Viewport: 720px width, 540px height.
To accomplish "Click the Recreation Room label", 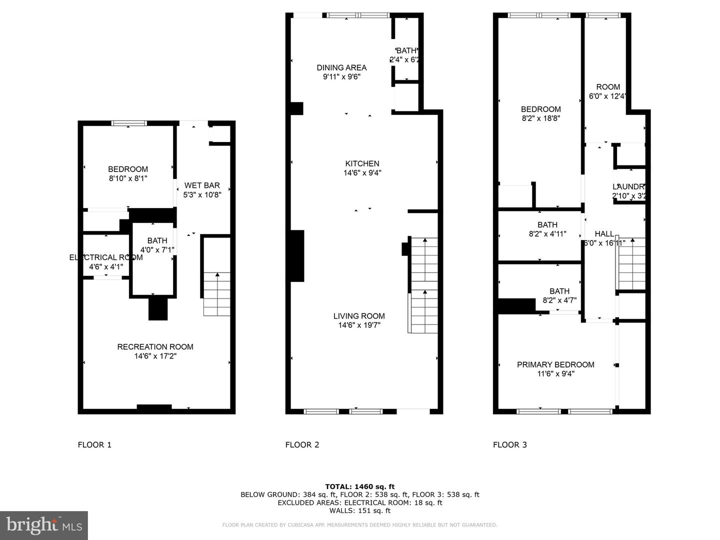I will click(155, 347).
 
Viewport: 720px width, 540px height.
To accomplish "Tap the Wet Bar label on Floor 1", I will click(202, 185).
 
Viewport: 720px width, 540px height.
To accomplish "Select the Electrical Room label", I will click(106, 257).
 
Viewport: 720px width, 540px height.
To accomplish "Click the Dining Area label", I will click(341, 67).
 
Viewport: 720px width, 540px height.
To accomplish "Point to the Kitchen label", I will click(362, 163).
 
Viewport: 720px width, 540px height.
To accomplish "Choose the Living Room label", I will click(359, 316).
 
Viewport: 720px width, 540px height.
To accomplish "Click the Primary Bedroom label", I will click(555, 364).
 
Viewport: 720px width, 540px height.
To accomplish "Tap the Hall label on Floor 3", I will click(604, 233).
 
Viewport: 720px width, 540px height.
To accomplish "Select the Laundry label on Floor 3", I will click(629, 186).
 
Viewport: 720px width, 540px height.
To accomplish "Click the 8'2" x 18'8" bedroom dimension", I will click(540, 118).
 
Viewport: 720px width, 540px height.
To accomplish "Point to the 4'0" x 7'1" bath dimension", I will click(157, 249).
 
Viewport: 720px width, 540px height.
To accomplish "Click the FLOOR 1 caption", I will click(94, 444).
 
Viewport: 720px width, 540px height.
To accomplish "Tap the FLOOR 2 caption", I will click(302, 444).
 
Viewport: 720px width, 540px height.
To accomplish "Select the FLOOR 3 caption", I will click(509, 444).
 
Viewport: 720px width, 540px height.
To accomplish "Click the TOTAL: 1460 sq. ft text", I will click(359, 486).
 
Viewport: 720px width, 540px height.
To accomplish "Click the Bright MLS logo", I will click(44, 525).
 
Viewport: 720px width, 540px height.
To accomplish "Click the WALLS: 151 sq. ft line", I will click(359, 510).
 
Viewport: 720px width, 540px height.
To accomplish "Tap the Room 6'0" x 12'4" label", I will click(608, 91).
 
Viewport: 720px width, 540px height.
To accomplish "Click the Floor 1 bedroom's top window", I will click(129, 123).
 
